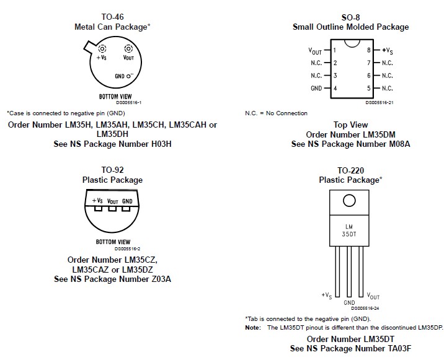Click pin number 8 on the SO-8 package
pos(368,50)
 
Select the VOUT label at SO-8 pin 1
pos(315,50)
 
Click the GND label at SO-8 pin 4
pos(316,89)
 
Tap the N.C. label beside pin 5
pos(387,89)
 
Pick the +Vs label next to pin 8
pos(388,50)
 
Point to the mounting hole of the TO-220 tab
pos(349,201)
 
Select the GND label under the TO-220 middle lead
pos(349,303)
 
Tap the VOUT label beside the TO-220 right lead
pos(373,296)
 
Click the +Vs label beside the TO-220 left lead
pos(326,295)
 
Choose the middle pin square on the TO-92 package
pos(112,208)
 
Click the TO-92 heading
pos(112,170)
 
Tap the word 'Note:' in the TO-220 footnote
pos(253,327)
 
